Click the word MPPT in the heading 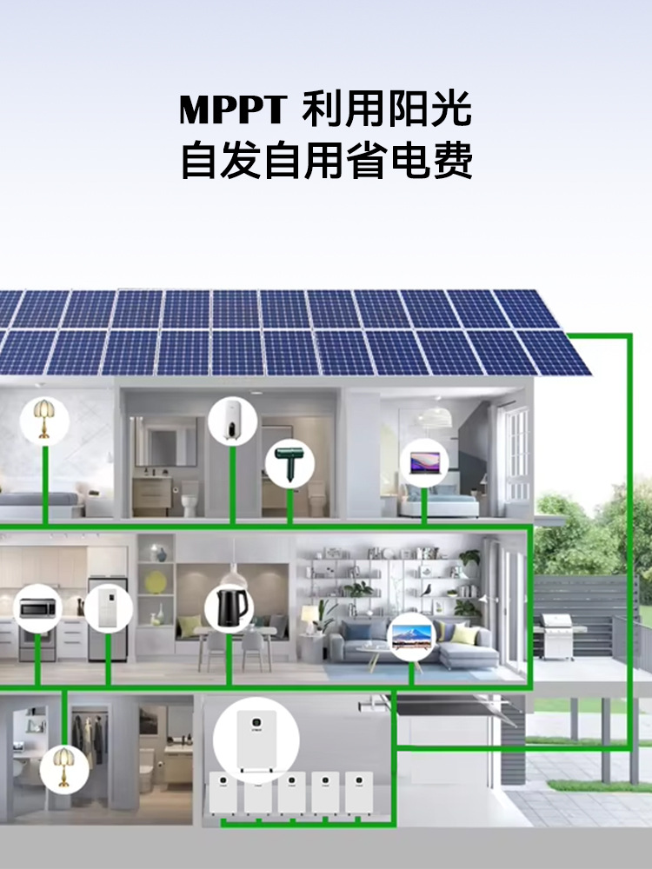(x=232, y=109)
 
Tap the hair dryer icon (x=289, y=464)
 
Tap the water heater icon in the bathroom (x=232, y=420)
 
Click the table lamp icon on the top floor (x=44, y=421)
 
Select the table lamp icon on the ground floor (x=64, y=768)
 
